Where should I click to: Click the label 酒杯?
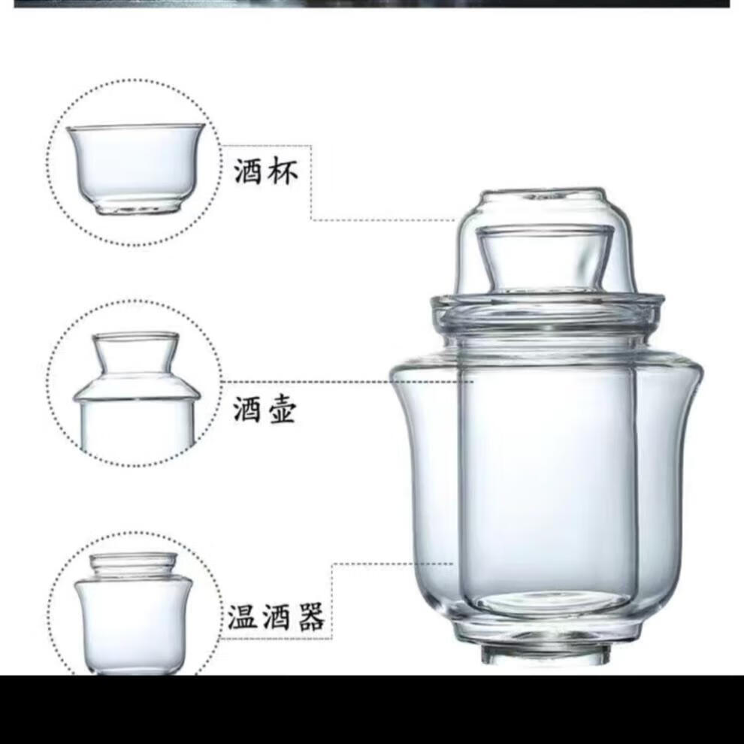click(266, 171)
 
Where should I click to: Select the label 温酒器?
click(276, 617)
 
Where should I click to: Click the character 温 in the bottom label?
click(243, 617)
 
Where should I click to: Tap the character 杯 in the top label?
click(283, 171)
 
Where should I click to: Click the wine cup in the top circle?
click(136, 168)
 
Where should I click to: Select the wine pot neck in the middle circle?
click(136, 352)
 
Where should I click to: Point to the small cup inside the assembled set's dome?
click(546, 259)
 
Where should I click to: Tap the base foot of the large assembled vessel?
click(545, 655)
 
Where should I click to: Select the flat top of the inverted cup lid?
click(544, 194)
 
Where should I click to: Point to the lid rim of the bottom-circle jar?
click(134, 560)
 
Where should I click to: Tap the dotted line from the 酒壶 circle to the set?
click(347, 382)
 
